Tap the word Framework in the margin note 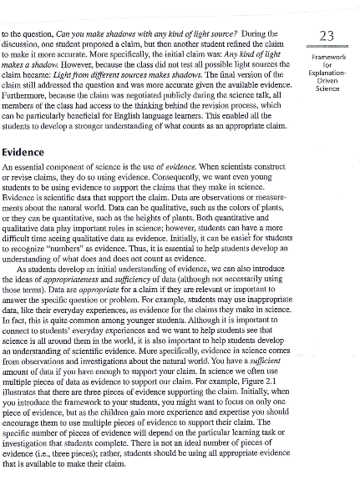click(328, 57)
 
